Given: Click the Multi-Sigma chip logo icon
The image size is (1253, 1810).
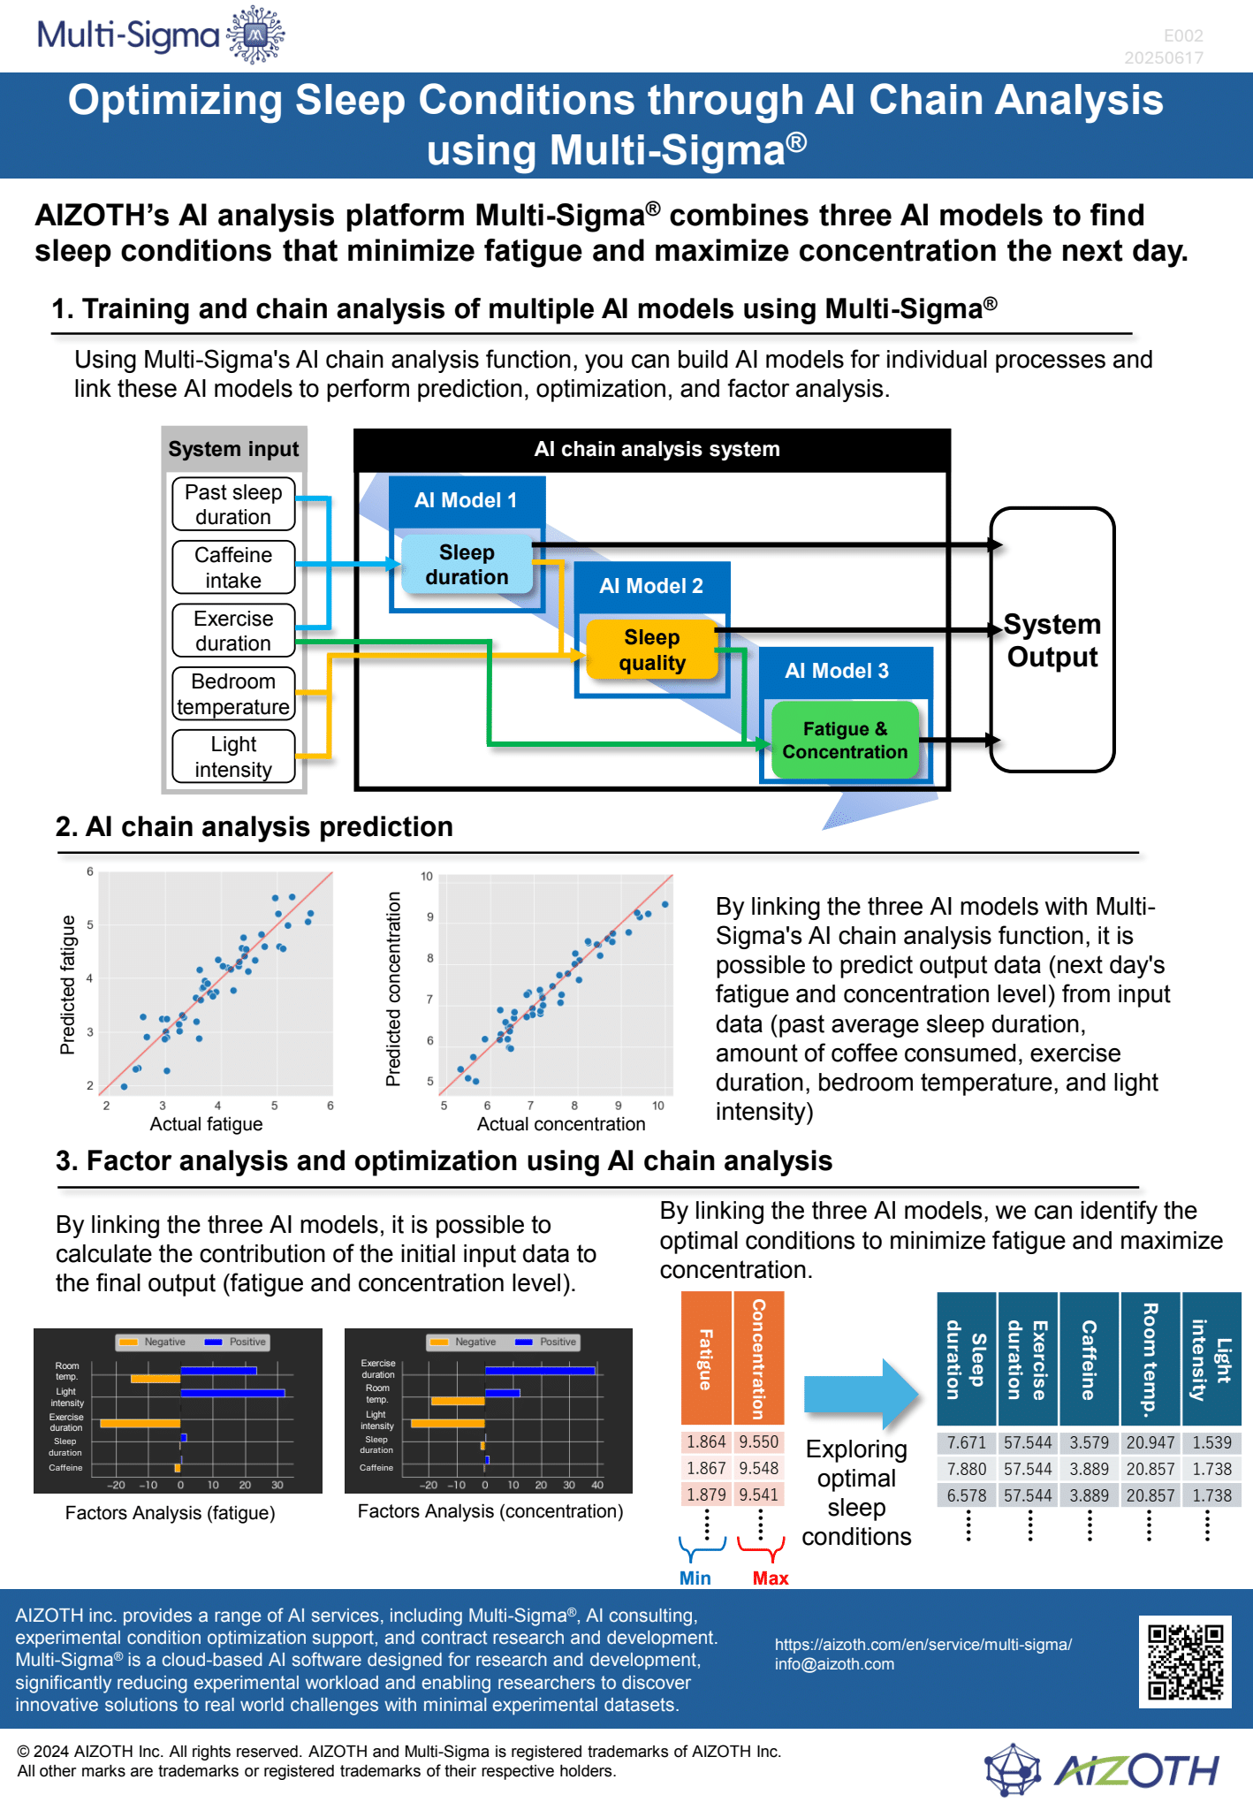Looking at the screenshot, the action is pos(255,35).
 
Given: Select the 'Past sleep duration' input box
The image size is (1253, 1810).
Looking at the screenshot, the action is pos(233,505).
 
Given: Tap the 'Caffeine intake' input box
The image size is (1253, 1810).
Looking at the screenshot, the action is pos(233,567).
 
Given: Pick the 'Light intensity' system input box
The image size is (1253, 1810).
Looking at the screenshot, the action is pos(233,757).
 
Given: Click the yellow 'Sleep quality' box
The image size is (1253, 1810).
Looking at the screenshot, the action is pos(652,650).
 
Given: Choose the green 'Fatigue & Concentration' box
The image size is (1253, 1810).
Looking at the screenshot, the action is pos(845,741).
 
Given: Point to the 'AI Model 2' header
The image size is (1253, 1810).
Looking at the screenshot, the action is pos(651,586).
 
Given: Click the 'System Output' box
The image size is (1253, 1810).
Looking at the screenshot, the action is pos(1052,640).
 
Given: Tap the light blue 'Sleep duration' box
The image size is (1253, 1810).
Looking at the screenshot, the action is pos(467,564).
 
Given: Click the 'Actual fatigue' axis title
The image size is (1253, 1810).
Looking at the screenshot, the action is pos(206,1124).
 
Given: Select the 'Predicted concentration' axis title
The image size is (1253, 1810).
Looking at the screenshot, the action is pos(393,988).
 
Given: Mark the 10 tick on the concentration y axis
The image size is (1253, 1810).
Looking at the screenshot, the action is pos(427,877).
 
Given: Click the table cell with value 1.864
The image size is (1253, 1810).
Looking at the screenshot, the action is pos(706,1442).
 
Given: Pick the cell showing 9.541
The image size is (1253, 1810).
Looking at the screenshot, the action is pos(759,1495).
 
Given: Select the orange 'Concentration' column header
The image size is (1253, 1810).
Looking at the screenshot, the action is pos(759,1357).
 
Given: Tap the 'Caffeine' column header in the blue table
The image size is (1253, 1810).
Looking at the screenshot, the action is pos(1090,1359).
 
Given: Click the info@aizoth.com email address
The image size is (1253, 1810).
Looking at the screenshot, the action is pos(834,1664).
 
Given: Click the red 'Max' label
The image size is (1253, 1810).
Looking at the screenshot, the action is pos(771,1578).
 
